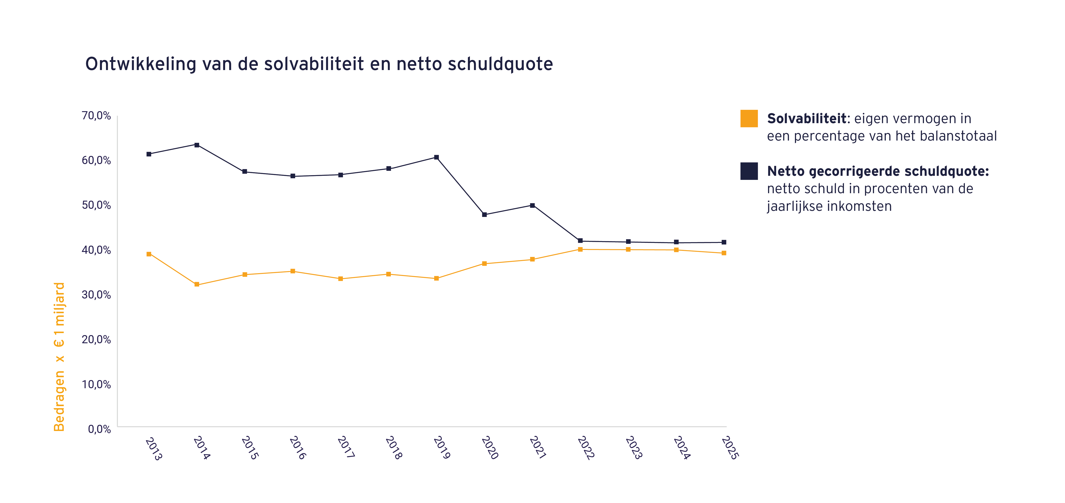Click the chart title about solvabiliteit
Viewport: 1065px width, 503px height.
pyautogui.click(x=319, y=64)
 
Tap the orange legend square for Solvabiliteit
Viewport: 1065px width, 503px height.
pyautogui.click(x=749, y=119)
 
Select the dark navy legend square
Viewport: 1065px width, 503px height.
pyautogui.click(x=749, y=171)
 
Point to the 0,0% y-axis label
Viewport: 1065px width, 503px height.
pyautogui.click(x=99, y=429)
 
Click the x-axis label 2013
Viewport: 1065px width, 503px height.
pyautogui.click(x=154, y=449)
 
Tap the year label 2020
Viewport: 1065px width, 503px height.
pyautogui.click(x=490, y=448)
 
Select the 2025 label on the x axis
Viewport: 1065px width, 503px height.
pyautogui.click(x=730, y=448)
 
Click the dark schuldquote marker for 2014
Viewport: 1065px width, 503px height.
pyautogui.click(x=197, y=145)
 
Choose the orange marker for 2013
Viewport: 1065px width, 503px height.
pyautogui.click(x=149, y=254)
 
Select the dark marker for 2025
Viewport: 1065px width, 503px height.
pyautogui.click(x=724, y=242)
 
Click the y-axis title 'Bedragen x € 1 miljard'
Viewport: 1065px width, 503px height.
pyautogui.click(x=59, y=357)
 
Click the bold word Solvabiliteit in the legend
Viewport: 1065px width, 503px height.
pyautogui.click(x=807, y=119)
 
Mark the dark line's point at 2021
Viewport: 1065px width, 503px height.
pyautogui.click(x=532, y=205)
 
